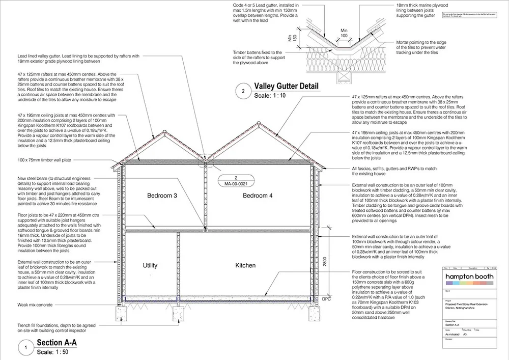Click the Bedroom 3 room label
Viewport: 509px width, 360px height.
click(162, 196)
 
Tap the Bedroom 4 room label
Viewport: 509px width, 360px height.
click(258, 196)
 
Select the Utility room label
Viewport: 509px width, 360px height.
click(150, 265)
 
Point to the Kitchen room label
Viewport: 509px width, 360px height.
click(245, 265)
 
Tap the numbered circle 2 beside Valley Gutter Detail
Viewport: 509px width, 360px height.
click(243, 92)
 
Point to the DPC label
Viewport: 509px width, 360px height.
click(327, 299)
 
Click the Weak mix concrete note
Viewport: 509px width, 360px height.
click(35, 304)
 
